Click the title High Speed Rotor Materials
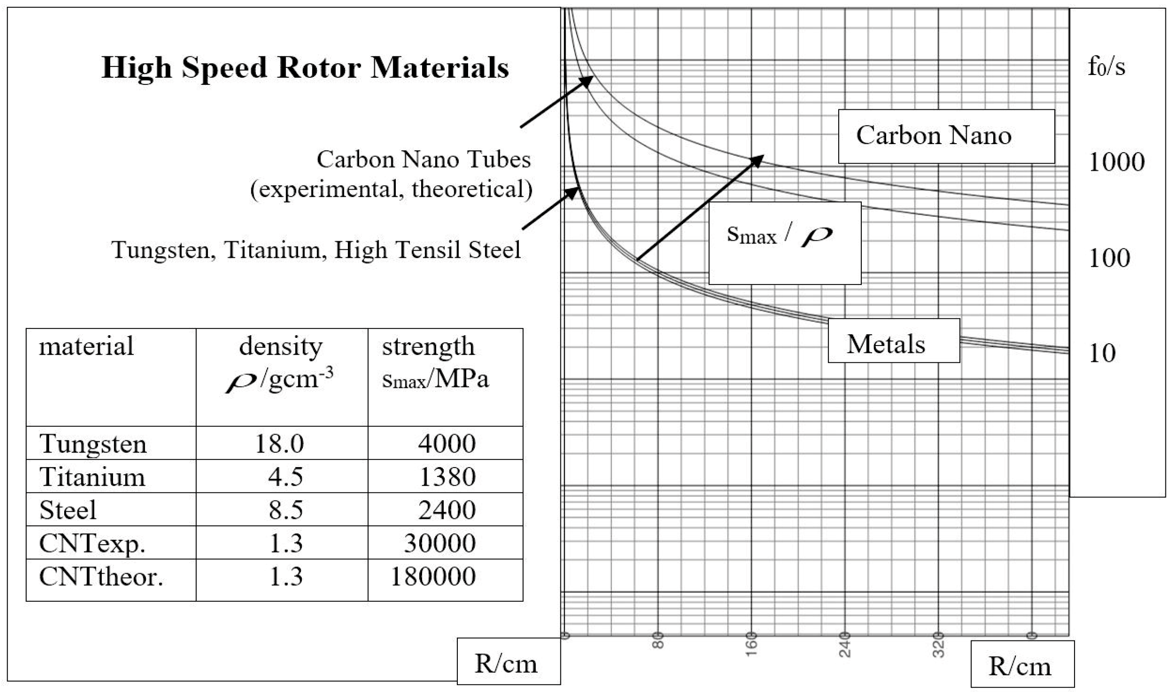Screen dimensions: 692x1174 point(305,68)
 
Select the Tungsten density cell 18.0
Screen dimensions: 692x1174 point(279,444)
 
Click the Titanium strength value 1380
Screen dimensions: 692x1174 point(447,477)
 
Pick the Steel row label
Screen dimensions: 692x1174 point(68,510)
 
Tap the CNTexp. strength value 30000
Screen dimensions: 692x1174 point(440,543)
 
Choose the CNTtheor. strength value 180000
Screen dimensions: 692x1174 point(433,577)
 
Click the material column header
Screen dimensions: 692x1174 point(86,346)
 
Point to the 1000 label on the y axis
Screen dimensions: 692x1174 point(1117,162)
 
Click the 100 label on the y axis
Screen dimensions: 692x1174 point(1110,258)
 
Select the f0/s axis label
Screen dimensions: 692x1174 point(1106,67)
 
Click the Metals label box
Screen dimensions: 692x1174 point(893,341)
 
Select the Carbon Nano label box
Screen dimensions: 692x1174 point(946,136)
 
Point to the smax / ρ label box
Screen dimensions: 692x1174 point(784,243)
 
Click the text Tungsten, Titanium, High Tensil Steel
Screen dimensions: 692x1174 point(316,250)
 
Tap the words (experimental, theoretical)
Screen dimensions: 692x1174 point(391,189)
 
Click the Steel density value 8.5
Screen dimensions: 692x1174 point(286,510)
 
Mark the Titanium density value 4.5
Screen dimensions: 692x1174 point(286,477)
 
